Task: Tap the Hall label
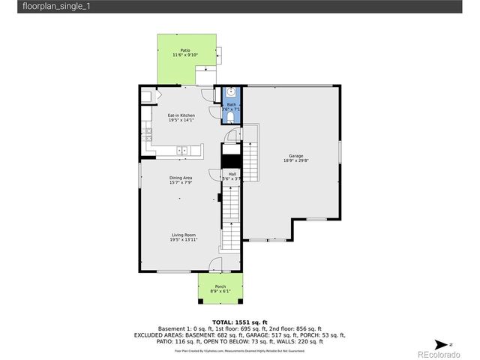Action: (232, 174)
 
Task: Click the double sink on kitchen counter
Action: (183, 151)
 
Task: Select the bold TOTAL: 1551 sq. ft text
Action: (239, 322)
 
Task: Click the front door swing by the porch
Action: (216, 265)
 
